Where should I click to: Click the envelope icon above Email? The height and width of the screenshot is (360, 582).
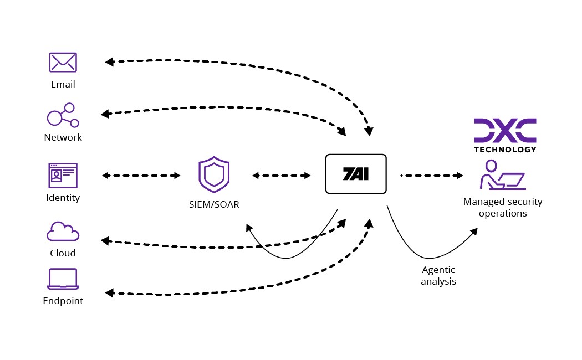(x=63, y=62)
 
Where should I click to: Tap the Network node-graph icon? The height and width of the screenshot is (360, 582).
(x=63, y=115)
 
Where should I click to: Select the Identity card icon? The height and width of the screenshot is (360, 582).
(x=63, y=176)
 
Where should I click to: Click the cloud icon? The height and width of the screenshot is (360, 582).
(x=63, y=231)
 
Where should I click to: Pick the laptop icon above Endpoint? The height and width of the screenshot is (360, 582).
(x=63, y=279)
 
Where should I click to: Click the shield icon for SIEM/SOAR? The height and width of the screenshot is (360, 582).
(x=214, y=175)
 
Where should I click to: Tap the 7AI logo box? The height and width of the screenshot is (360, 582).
(x=355, y=174)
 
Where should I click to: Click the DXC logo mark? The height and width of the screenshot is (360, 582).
(x=505, y=130)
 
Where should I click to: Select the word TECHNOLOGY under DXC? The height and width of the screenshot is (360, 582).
(x=505, y=149)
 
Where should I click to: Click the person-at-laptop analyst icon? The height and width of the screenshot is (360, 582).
(x=501, y=175)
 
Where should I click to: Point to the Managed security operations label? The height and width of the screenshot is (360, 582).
(x=503, y=208)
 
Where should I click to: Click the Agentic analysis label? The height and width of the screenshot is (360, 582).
(x=438, y=276)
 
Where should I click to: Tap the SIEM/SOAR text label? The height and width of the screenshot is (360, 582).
(x=214, y=205)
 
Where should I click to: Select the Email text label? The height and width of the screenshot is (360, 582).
(x=63, y=85)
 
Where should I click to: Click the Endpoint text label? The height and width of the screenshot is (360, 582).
(x=63, y=301)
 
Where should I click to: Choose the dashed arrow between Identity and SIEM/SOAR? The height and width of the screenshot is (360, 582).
(x=141, y=176)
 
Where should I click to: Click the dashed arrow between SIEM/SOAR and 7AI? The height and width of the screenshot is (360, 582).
(x=282, y=176)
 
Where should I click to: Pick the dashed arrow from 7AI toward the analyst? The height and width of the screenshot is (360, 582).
(x=431, y=176)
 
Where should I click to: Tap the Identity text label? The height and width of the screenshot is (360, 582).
(x=63, y=198)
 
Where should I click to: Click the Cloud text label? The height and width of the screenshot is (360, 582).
(x=63, y=253)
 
